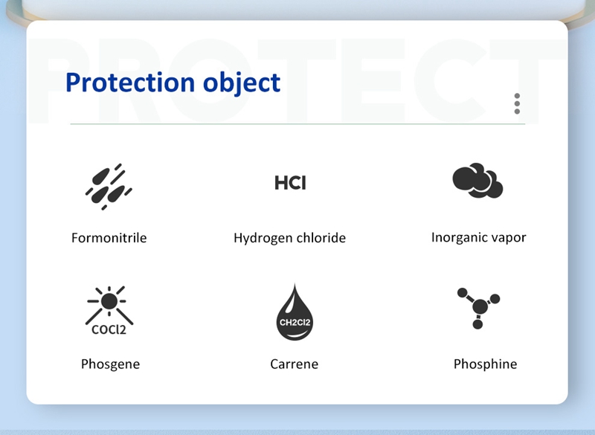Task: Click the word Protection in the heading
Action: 130,83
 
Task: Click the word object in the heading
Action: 242,84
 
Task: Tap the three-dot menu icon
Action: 517,103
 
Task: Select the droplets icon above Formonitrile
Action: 109,187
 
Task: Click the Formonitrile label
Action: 109,238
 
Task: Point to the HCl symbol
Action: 290,183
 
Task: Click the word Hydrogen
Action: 263,239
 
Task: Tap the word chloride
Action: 321,238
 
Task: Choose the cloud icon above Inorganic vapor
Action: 477,181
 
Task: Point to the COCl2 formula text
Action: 109,329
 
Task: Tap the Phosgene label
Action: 110,364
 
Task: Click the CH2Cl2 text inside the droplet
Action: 295,323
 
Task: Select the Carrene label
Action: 294,364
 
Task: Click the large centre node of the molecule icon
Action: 480,306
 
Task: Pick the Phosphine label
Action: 486,364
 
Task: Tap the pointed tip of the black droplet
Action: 295,284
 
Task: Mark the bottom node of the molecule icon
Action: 477,324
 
